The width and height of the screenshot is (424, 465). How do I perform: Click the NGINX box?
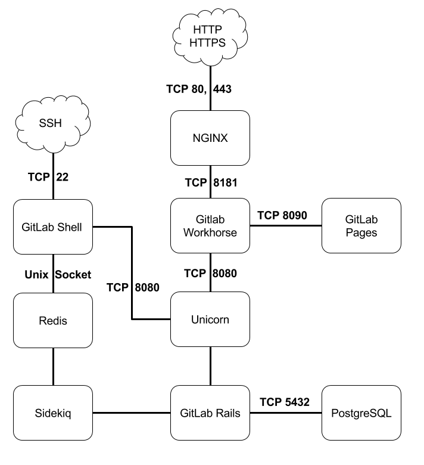pyautogui.click(x=210, y=138)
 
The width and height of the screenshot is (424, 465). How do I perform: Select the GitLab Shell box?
pyautogui.click(x=52, y=227)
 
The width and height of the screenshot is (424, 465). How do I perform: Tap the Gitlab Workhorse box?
pyautogui.click(x=210, y=227)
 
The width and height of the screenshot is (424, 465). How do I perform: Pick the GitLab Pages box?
pyautogui.click(x=361, y=227)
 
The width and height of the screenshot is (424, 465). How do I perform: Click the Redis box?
pyautogui.click(x=52, y=320)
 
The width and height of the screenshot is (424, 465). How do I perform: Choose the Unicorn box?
pyautogui.click(x=210, y=320)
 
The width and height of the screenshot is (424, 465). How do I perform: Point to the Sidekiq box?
pyautogui.click(x=52, y=413)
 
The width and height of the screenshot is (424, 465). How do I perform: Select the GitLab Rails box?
pyautogui.click(x=210, y=413)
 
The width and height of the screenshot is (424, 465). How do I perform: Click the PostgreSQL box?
pyautogui.click(x=361, y=413)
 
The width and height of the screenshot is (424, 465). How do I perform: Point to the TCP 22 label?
pyautogui.click(x=48, y=177)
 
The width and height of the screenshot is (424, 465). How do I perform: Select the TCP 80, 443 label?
pyautogui.click(x=198, y=89)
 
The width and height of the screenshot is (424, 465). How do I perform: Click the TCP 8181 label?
pyautogui.click(x=210, y=182)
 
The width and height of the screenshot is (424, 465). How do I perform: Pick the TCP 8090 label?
pyautogui.click(x=282, y=215)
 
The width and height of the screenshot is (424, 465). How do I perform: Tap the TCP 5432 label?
pyautogui.click(x=285, y=402)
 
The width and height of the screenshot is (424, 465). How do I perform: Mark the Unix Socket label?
pyautogui.click(x=58, y=275)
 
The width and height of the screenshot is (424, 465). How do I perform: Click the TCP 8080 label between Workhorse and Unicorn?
pyautogui.click(x=210, y=274)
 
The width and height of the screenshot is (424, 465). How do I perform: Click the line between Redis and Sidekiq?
pyautogui.click(x=53, y=366)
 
